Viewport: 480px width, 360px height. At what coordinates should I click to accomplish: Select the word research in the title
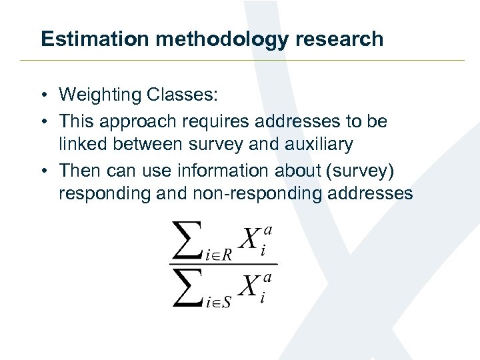tap(347, 39)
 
